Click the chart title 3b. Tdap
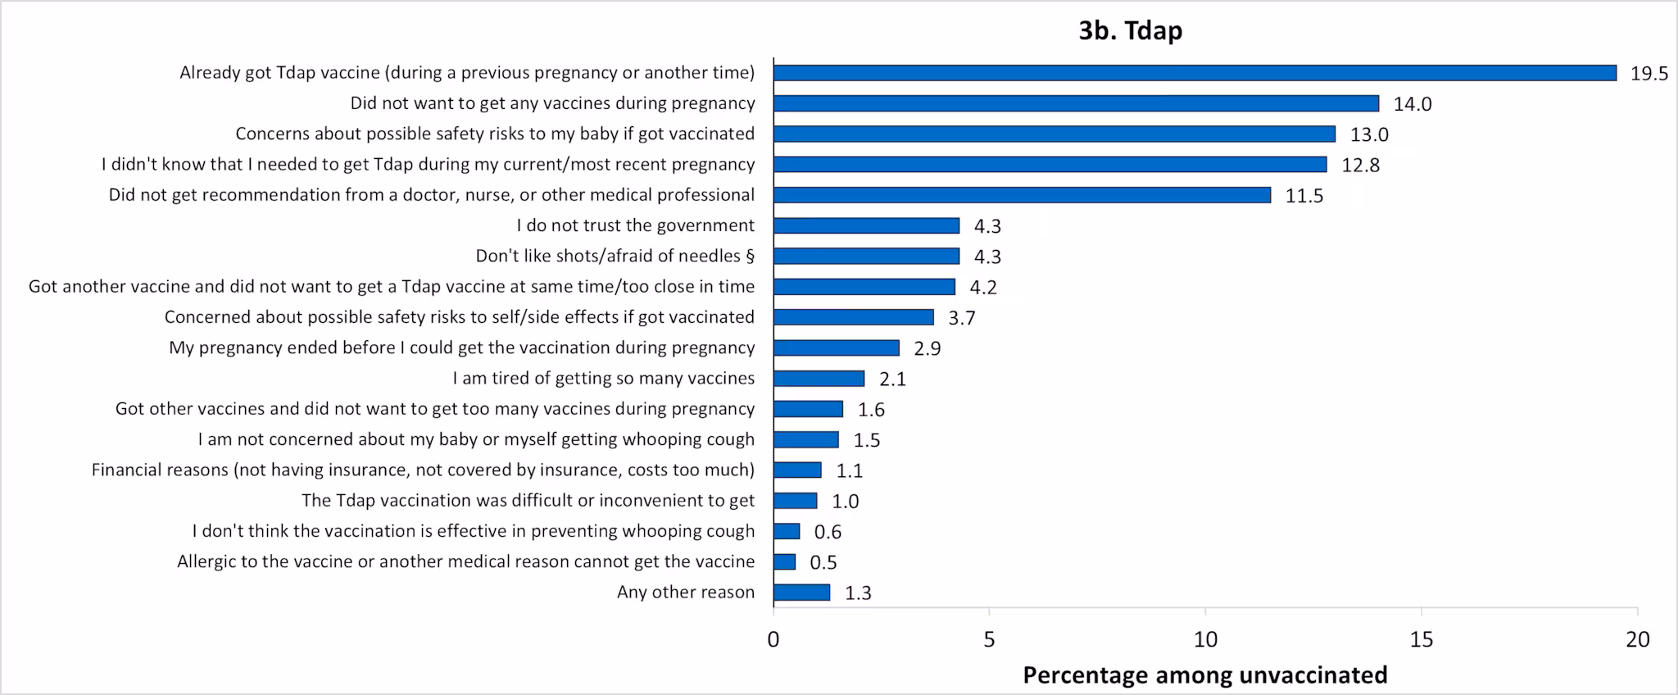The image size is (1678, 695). pos(1130,31)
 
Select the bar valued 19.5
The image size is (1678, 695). pos(1195,73)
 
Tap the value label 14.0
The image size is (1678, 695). pos(1413,104)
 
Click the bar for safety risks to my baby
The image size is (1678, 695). pos(1054,134)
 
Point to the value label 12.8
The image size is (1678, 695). pos(1360,166)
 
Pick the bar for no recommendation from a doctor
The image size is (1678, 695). pos(1022,195)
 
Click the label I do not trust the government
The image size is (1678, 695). pos(635,225)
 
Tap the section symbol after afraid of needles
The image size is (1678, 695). pos(750,257)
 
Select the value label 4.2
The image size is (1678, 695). pos(983,288)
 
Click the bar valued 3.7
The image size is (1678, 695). pos(853,317)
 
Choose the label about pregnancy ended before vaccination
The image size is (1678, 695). pos(461,347)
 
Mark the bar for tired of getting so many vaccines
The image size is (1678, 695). pos(819,379)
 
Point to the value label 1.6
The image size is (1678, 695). pos(871,410)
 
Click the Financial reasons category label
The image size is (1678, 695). pos(423,470)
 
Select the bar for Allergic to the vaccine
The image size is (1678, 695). pos(784,561)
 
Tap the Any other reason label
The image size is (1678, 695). pos(685,592)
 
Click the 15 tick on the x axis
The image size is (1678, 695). pos(1422,639)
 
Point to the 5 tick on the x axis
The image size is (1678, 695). pos(989,639)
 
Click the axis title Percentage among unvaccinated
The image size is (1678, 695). pos(1204,675)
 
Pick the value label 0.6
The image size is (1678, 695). pos(828,532)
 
